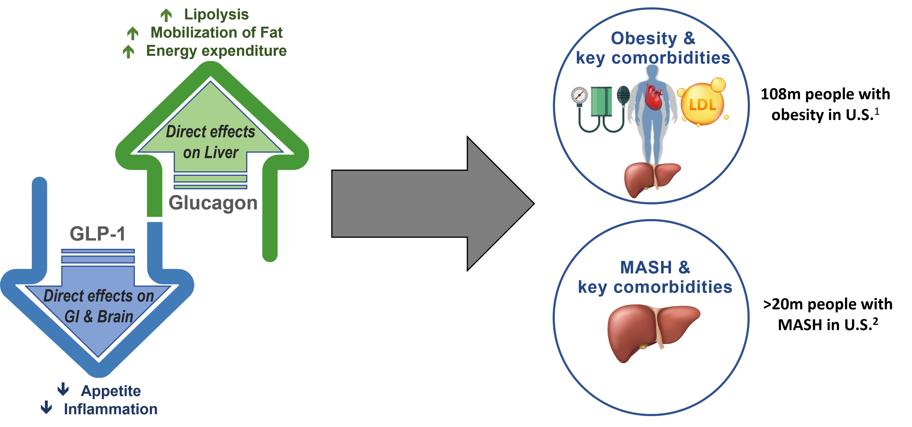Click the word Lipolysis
(216, 14)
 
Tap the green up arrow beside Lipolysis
(166, 15)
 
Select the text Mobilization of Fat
(216, 33)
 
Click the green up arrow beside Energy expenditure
(129, 52)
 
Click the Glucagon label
(213, 203)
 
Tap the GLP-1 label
(97, 234)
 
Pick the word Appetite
(111, 391)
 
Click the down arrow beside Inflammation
(46, 408)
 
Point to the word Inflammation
(111, 409)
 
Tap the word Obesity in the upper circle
(644, 39)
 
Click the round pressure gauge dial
(580, 95)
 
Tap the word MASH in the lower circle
(646, 267)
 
